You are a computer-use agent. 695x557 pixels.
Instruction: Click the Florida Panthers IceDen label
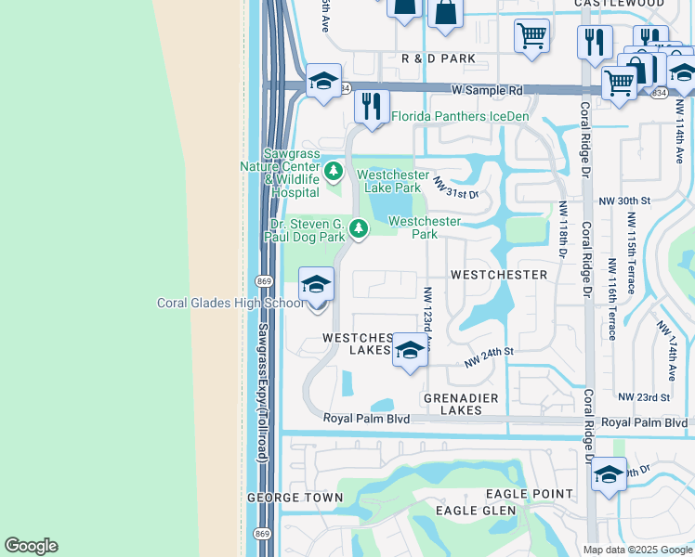tap(459, 117)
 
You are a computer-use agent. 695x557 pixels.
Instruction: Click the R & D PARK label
tap(439, 58)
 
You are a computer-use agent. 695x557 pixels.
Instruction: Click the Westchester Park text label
tap(425, 227)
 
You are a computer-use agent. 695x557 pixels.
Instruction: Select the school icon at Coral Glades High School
tap(316, 283)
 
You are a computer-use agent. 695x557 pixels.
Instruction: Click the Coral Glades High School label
tap(229, 304)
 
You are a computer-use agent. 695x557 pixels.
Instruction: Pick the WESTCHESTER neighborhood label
tap(499, 276)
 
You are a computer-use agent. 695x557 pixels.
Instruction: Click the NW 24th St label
tap(490, 355)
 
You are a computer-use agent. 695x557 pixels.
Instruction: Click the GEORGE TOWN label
tap(295, 498)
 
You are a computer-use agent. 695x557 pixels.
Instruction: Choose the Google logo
tap(31, 546)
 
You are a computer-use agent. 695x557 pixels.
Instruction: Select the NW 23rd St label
tap(649, 397)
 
